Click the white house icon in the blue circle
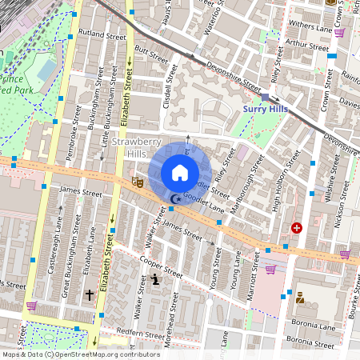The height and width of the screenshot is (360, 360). click(180, 172)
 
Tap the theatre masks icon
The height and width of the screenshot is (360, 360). click(137, 182)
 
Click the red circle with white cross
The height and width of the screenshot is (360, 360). click(297, 228)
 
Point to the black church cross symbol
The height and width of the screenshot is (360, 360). click(89, 295)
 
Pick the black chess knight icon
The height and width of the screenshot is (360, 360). click(155, 279)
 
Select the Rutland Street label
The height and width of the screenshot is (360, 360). click(103, 36)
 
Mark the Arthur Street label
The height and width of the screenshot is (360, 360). click(307, 46)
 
